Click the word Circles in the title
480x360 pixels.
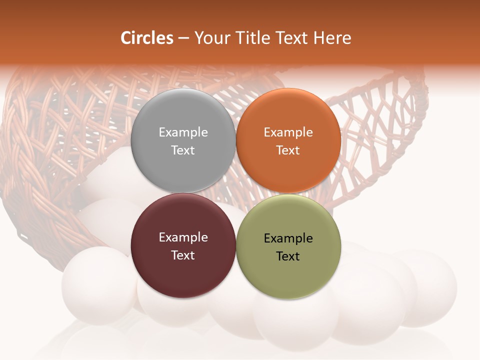pos(147,38)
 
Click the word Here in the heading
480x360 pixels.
pos(333,38)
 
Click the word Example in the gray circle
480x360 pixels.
pos(183,132)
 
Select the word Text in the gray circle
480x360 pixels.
pos(183,150)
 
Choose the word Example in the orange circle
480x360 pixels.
pos(288,132)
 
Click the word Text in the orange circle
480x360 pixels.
pos(288,150)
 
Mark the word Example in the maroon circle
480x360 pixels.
pos(183,237)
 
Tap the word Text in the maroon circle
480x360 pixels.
pos(183,255)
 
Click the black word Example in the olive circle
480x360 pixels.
pos(288,238)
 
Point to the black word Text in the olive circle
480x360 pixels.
pos(288,256)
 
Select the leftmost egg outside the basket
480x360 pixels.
pos(95,282)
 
